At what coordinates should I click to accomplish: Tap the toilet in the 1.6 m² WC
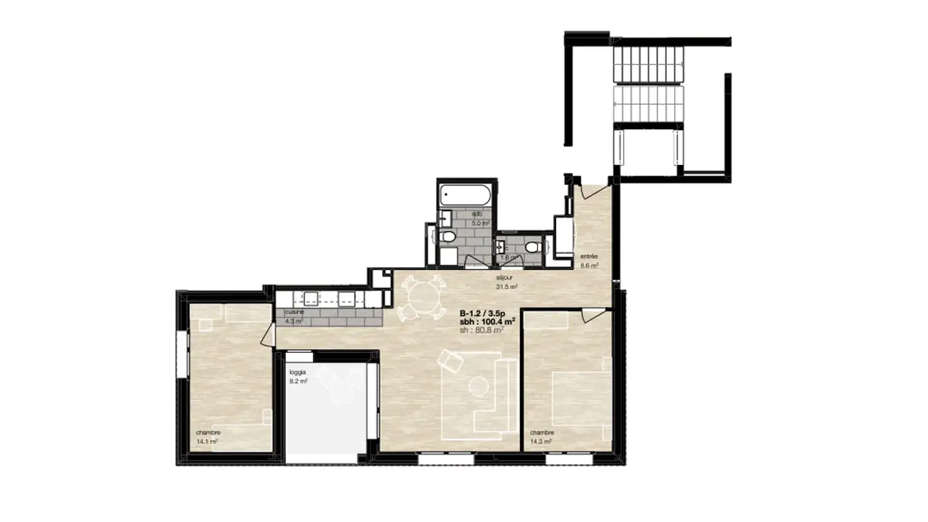tap(532, 247)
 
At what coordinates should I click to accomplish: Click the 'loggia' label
tap(298, 372)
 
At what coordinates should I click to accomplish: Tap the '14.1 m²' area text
tap(207, 441)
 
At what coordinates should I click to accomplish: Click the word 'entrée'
tap(589, 256)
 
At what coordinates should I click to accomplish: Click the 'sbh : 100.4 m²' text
tap(487, 321)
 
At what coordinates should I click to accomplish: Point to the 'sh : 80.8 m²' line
tap(481, 329)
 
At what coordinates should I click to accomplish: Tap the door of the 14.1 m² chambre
tap(269, 334)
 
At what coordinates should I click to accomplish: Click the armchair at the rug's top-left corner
tap(449, 362)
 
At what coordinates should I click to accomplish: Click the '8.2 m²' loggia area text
tap(298, 382)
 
